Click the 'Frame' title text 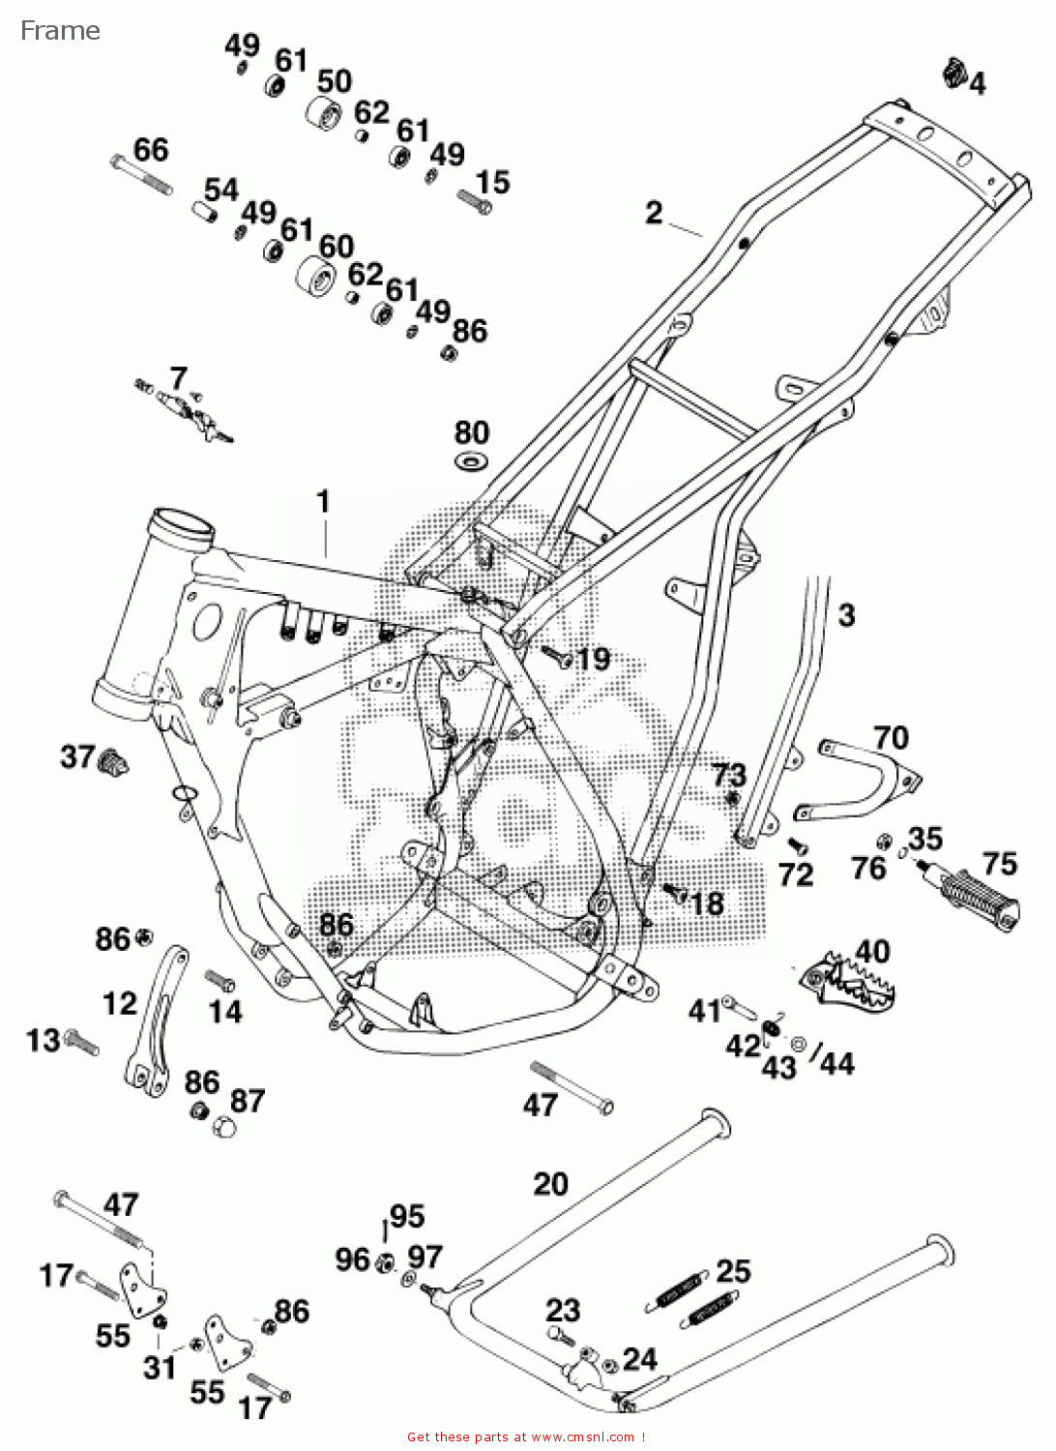coord(60,31)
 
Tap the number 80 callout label coord(472,432)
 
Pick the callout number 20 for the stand coord(550,1184)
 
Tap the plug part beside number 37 coord(113,761)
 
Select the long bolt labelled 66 coord(141,175)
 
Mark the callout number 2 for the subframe coord(655,212)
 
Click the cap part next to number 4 coord(955,73)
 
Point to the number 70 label coord(891,737)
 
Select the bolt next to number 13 coord(81,1043)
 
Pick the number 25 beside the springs coord(733,1271)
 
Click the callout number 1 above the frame coord(324,502)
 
